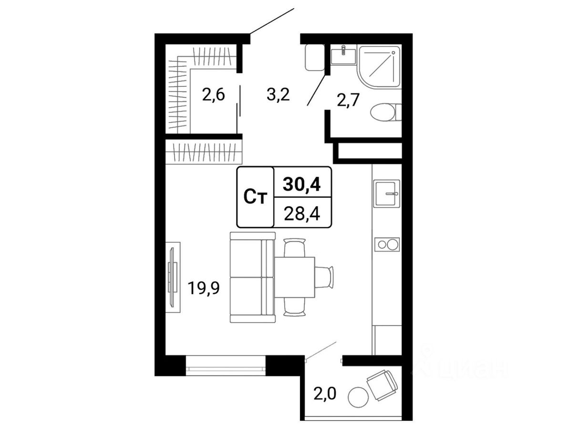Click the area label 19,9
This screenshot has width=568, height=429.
pos(203,289)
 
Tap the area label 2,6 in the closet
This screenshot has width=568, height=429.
pos(213,96)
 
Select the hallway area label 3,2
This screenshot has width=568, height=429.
pos(278,96)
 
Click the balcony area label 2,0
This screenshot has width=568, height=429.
pos(325,394)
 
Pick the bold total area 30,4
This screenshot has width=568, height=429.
pos(302,185)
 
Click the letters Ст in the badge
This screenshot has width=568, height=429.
pos(255,198)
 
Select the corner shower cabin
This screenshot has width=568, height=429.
pos(379,67)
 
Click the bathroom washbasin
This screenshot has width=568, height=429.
pos(343,55)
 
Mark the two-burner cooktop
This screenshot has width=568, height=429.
pos(386,245)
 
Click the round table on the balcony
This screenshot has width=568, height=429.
pos(358,398)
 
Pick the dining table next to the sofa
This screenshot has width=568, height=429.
pos(295,277)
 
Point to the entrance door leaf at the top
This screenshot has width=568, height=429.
pos(272,20)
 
